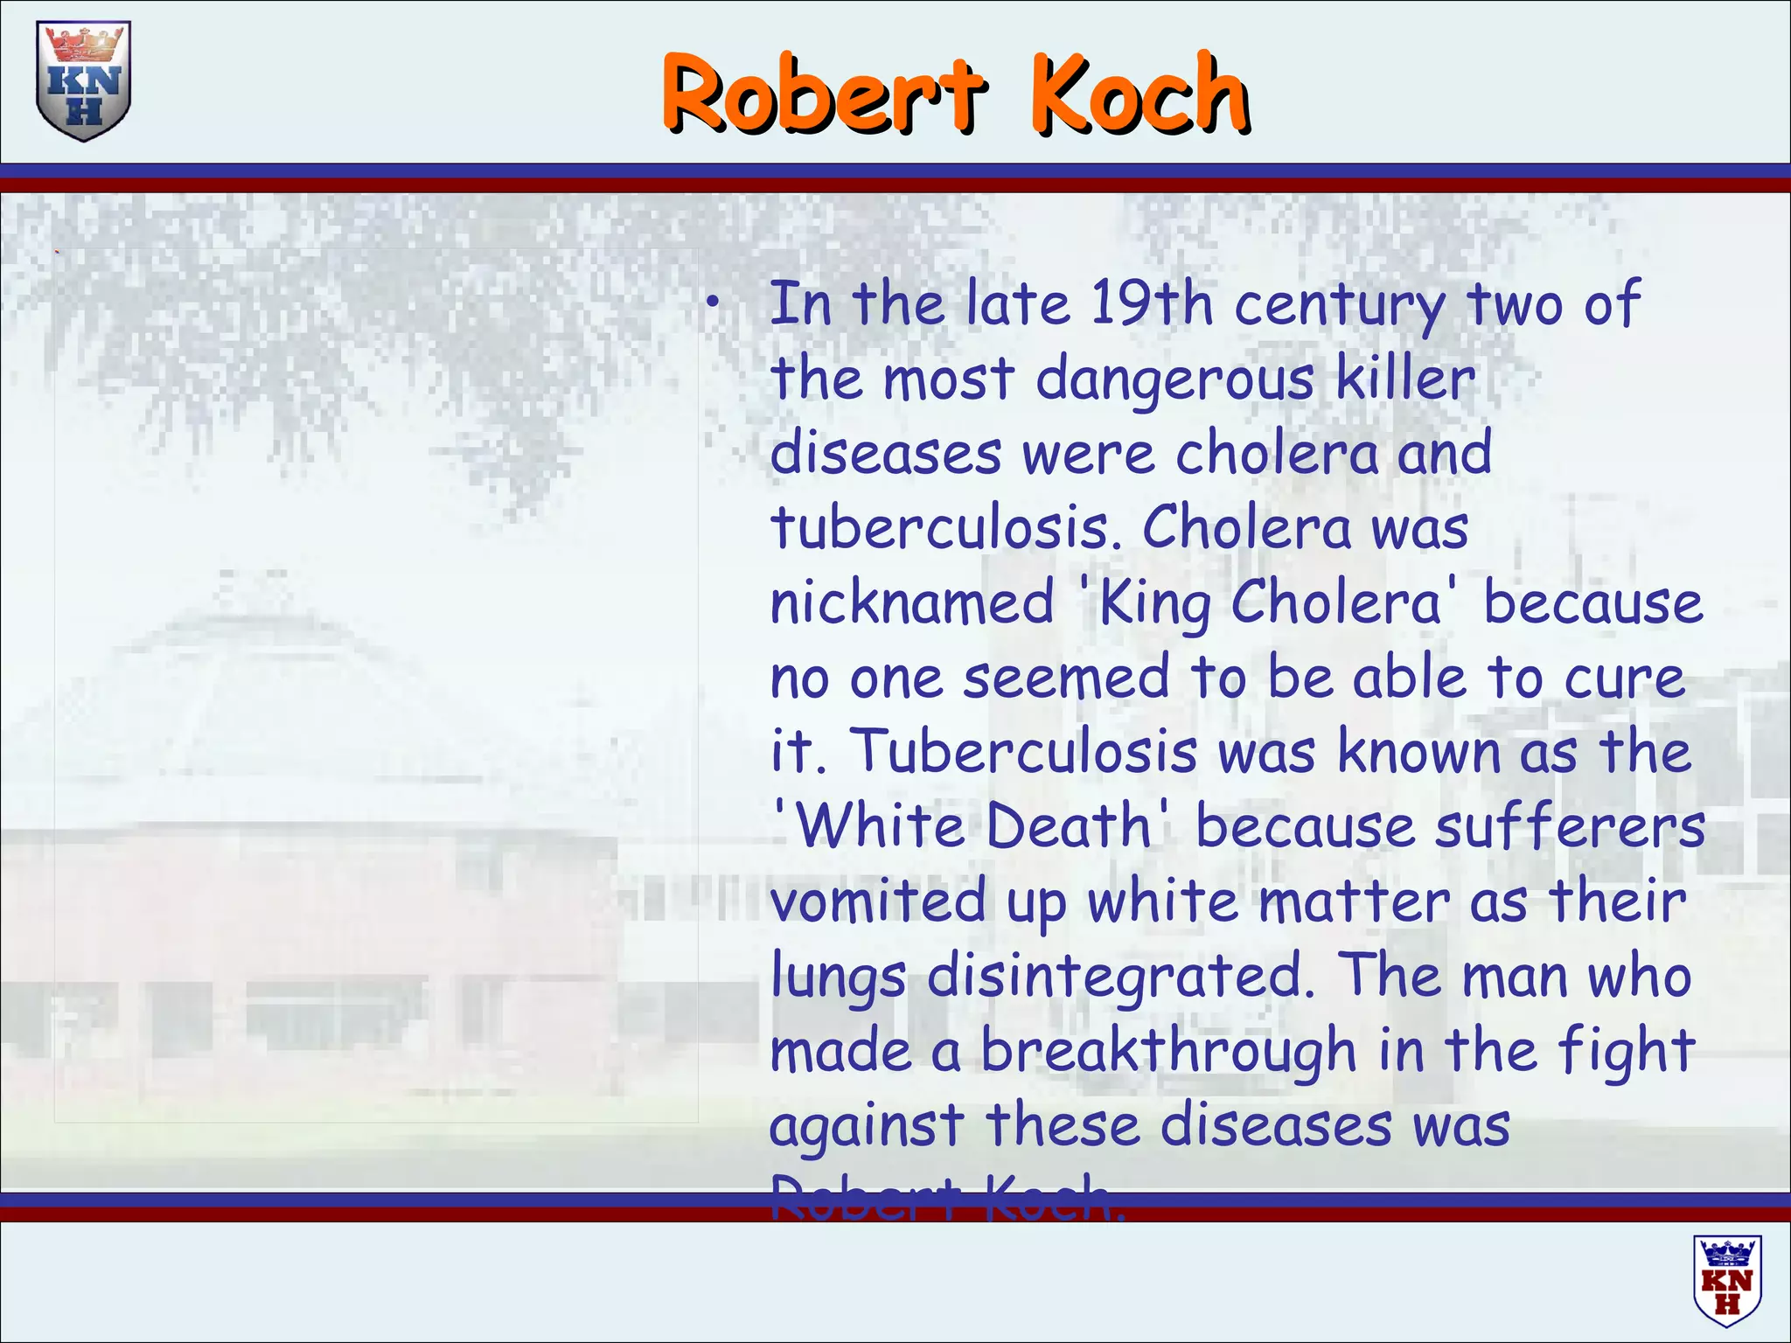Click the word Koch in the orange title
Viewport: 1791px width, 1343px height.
1139,94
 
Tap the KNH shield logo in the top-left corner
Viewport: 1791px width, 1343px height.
83,81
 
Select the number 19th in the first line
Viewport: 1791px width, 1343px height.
1152,303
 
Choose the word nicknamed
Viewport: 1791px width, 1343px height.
912,603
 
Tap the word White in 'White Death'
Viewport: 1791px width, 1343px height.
886,826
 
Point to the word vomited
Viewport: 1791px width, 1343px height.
877,901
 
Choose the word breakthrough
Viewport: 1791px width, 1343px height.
1167,1051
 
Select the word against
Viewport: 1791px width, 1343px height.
866,1127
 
